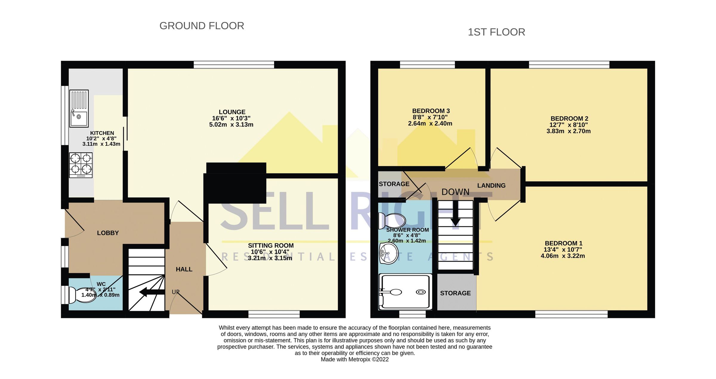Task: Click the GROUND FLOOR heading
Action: click(x=202, y=26)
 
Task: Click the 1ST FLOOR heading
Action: click(x=496, y=32)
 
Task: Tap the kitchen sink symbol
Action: click(x=79, y=108)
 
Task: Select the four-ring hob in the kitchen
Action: click(x=81, y=165)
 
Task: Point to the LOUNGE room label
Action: click(x=232, y=112)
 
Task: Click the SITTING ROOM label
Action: click(x=271, y=246)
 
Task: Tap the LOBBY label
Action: click(x=108, y=233)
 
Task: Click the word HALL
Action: click(x=184, y=269)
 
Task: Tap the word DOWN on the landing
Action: click(x=455, y=192)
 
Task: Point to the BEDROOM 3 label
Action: click(x=431, y=111)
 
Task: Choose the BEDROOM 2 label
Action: click(x=569, y=119)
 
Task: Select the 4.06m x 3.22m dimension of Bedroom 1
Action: click(x=563, y=256)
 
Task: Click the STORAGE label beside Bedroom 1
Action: click(x=455, y=293)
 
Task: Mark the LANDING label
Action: click(x=491, y=186)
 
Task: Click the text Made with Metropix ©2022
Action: click(x=354, y=359)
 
